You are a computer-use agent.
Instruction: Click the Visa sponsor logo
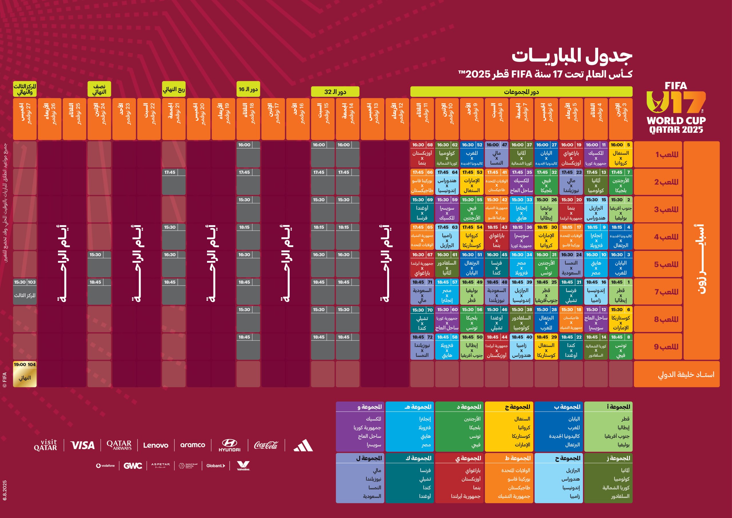pyautogui.click(x=82, y=445)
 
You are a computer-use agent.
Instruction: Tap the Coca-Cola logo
pyautogui.click(x=266, y=445)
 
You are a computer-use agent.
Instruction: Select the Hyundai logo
pyautogui.click(x=229, y=445)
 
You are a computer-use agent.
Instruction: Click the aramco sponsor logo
pyautogui.click(x=192, y=445)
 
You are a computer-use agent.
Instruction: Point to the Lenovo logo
pyautogui.click(x=156, y=445)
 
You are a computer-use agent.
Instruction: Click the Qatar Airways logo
pyautogui.click(x=119, y=445)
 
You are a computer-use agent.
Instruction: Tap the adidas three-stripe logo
pyautogui.click(x=303, y=445)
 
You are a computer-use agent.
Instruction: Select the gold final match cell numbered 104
pyautogui.click(x=25, y=374)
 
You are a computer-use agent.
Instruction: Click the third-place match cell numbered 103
pyautogui.click(x=25, y=292)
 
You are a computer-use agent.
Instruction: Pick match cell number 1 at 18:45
pyautogui.click(x=620, y=292)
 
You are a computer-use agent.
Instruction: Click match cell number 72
pyautogui.click(x=422, y=347)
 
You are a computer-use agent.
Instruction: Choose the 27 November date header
pyautogui.click(x=25, y=119)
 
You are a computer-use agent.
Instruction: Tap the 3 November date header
pyautogui.click(x=620, y=119)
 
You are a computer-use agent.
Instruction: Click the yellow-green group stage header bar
pyautogui.click(x=521, y=92)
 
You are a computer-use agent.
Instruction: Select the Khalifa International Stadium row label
pyautogui.click(x=677, y=374)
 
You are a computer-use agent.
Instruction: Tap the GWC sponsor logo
pyautogui.click(x=133, y=466)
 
